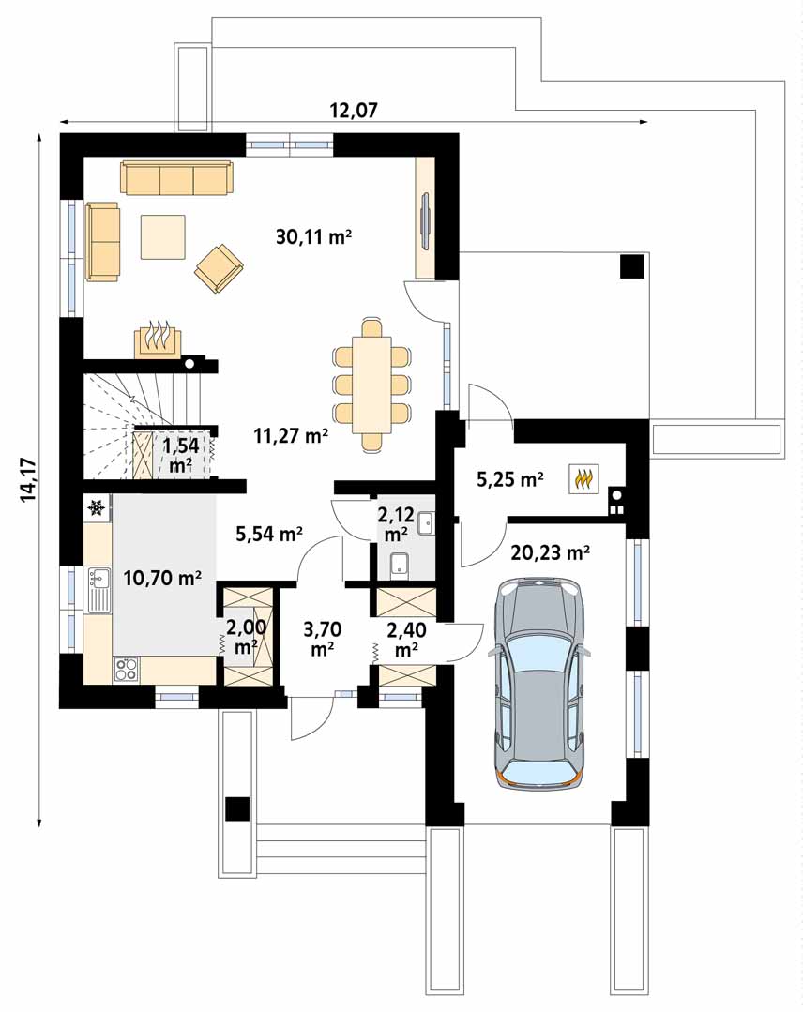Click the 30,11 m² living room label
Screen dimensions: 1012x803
tap(313, 237)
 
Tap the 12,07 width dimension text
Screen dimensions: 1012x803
tap(353, 111)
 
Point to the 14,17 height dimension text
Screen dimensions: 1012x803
tap(27, 478)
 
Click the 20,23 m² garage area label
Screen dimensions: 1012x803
tap(550, 552)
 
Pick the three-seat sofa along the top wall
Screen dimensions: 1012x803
tap(176, 178)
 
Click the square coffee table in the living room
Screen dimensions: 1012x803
tap(163, 236)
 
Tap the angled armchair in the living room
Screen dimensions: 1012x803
tap(220, 267)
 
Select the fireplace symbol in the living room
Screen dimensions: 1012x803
tap(159, 340)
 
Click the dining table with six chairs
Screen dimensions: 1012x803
tap(372, 384)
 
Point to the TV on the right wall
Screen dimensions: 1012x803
tap(426, 221)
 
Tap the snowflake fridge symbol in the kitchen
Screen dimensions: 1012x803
tap(96, 508)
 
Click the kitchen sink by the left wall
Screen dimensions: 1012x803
tap(98, 590)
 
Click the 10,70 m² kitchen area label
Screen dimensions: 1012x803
tap(162, 579)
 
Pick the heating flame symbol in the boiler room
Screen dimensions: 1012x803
tap(583, 479)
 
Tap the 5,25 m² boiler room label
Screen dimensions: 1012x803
tap(510, 480)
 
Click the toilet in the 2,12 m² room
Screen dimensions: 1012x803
tap(398, 564)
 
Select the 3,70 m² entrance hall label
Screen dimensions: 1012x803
tap(322, 638)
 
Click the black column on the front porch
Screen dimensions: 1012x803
tap(237, 808)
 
